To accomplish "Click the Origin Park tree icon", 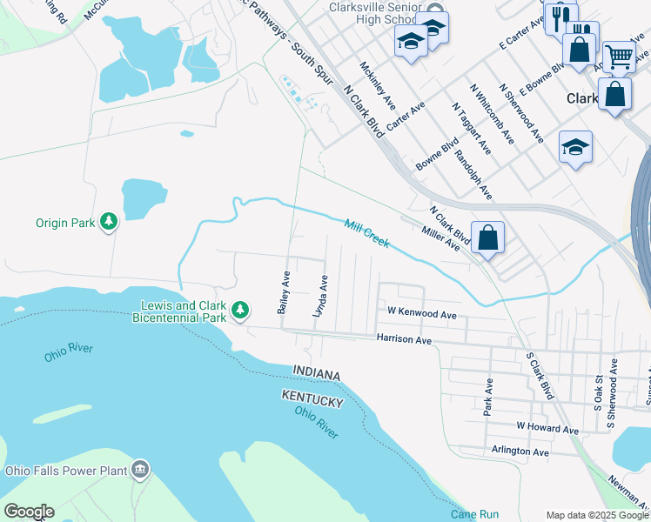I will pos(109,223).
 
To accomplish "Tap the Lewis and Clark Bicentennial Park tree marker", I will pos(240,310).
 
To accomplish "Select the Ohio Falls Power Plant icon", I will pos(140,472).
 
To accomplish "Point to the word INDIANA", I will pos(315,372).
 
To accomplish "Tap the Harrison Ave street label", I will pos(404,338).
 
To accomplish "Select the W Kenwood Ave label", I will pos(422,313).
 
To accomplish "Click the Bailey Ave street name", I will pos(283,292).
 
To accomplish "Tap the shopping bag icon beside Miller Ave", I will pos(488,237).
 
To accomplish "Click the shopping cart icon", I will pos(619,57).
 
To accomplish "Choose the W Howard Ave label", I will pos(547,429).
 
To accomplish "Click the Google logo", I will pos(29,512).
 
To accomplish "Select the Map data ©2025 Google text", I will pos(596,515).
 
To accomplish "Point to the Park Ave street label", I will pos(487,396).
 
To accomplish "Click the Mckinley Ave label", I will pos(372,81).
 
